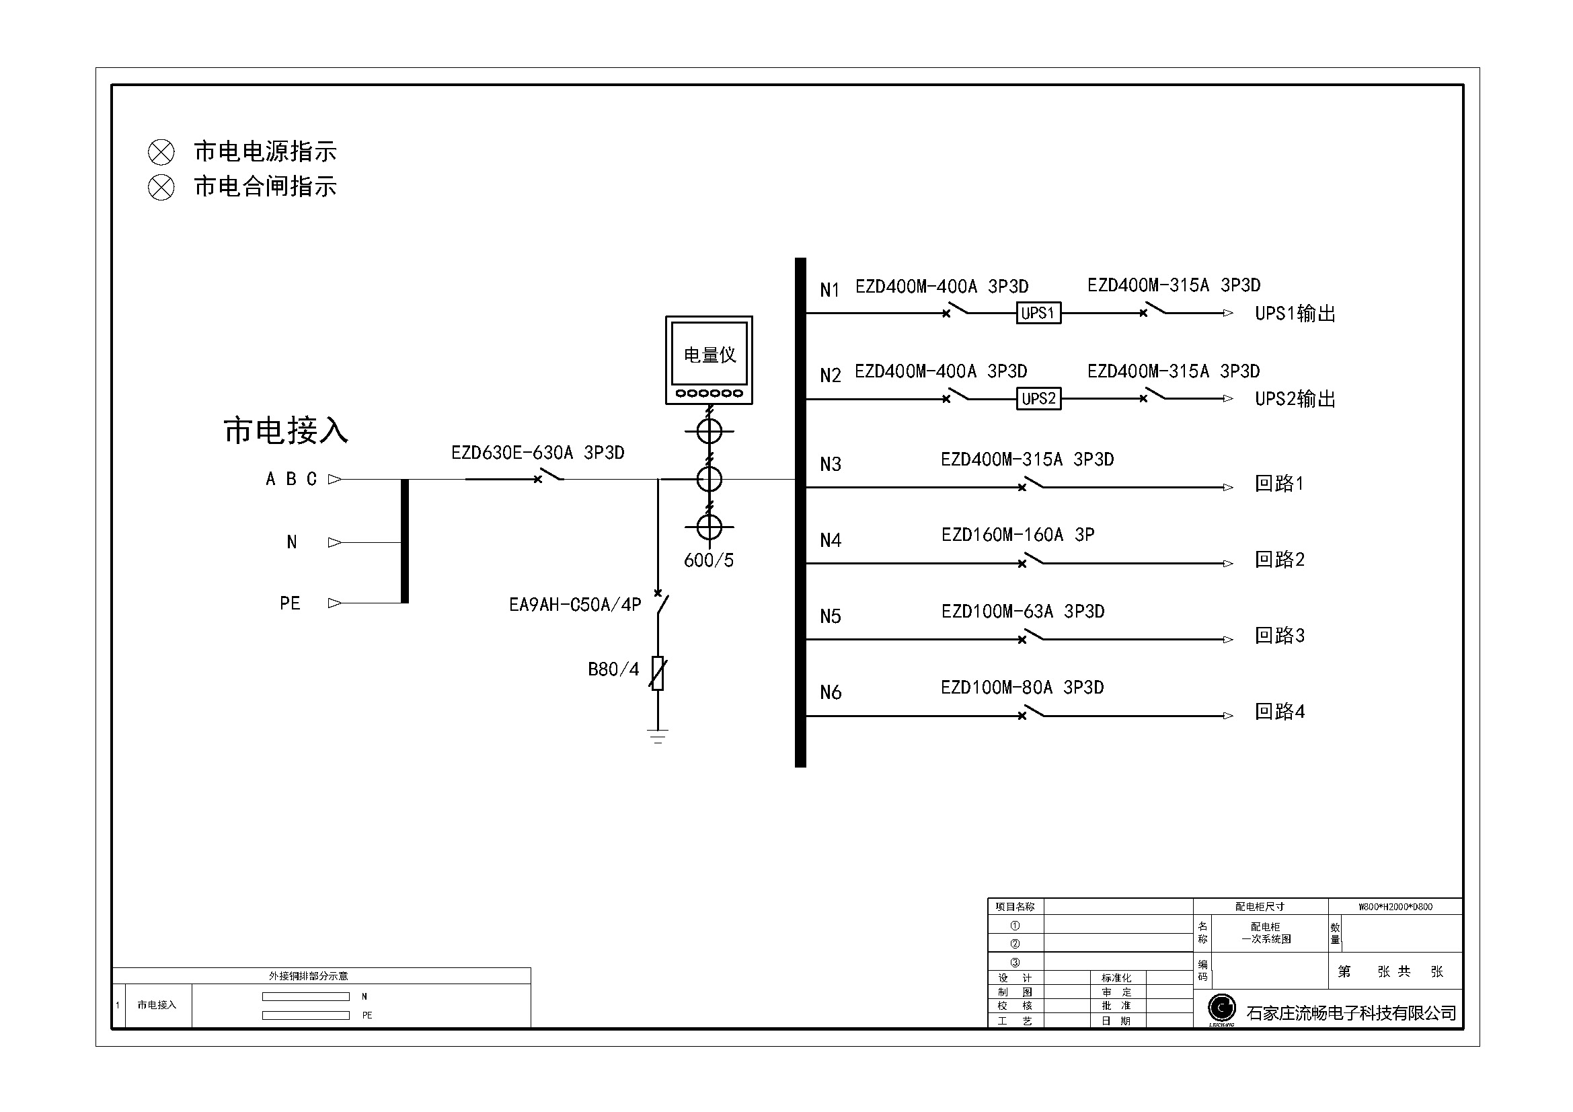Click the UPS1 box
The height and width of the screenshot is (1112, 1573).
(x=1038, y=313)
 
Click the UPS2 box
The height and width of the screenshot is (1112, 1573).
(x=1038, y=399)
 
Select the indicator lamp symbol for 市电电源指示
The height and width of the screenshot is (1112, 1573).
(x=161, y=152)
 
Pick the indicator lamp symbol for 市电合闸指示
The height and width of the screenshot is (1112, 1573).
(x=161, y=187)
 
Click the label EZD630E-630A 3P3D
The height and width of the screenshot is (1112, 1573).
(x=537, y=453)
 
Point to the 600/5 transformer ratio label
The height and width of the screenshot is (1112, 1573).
(x=708, y=560)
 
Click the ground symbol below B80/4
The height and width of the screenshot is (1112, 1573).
(x=658, y=736)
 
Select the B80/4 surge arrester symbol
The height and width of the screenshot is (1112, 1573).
(x=658, y=673)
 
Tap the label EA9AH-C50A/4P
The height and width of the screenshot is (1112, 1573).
(x=575, y=605)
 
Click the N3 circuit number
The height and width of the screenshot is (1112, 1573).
(x=831, y=465)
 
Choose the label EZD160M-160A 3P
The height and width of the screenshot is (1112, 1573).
(x=1018, y=535)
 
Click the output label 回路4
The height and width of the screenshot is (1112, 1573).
(x=1279, y=712)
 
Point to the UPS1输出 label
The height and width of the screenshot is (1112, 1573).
(x=1295, y=313)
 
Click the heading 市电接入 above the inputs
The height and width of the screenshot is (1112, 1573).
(x=286, y=431)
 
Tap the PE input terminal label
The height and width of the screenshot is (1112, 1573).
(x=290, y=603)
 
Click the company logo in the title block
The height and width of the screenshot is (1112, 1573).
(x=1221, y=1009)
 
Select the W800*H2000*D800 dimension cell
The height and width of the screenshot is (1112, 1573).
(x=1395, y=907)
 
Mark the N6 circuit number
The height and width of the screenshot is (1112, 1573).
(x=831, y=693)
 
